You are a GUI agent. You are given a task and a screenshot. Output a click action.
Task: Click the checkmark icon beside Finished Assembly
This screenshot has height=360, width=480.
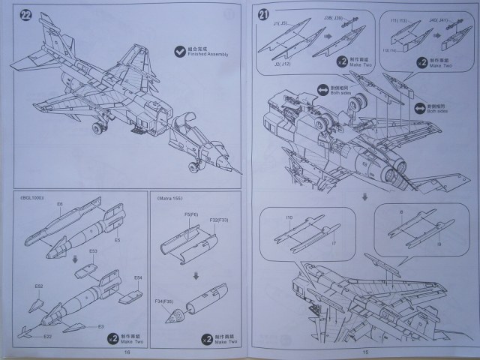click(179, 51)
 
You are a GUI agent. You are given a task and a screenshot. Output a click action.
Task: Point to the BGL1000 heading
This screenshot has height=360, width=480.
click(32, 199)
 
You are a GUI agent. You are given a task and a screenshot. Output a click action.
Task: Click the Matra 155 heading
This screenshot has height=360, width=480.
click(169, 199)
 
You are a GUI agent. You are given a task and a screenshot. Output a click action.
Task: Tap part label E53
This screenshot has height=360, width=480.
click(94, 250)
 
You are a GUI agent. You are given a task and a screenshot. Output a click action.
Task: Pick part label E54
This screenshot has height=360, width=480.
click(138, 278)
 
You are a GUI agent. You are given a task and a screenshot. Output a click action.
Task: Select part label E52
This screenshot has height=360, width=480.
click(39, 286)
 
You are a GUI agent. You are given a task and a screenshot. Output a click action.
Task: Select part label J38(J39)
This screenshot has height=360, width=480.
click(333, 18)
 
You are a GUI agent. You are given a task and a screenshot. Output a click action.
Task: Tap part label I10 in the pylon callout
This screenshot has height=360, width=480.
click(288, 217)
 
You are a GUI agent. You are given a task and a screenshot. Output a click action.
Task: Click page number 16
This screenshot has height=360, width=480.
click(127, 352)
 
